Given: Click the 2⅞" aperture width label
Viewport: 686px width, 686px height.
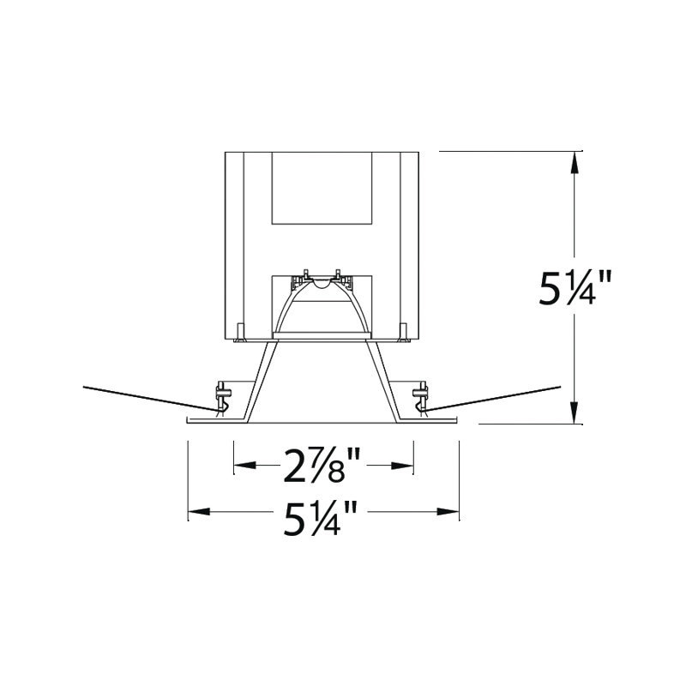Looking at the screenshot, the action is [322, 466].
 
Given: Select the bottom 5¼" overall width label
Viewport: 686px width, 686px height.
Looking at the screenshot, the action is [321, 519].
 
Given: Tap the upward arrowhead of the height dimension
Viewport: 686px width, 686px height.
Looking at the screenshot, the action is [575, 164].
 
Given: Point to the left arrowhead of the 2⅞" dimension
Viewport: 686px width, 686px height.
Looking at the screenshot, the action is [245, 465].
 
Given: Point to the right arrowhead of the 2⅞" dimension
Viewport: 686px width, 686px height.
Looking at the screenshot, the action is [402, 465].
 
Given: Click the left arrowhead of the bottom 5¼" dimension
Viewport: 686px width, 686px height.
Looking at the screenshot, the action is [199, 511].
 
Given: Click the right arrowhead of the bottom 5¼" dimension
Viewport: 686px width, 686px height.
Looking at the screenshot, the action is [448, 511].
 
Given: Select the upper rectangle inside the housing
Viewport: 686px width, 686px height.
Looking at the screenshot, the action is [322, 188].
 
